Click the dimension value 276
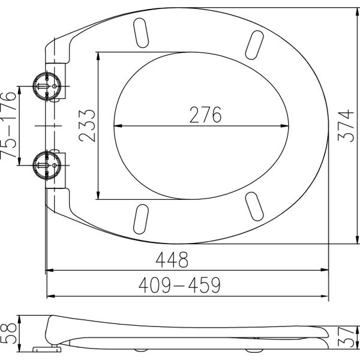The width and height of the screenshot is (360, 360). pyautogui.click(x=205, y=115)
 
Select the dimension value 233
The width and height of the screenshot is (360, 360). pyautogui.click(x=87, y=125)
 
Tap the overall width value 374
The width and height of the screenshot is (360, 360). pyautogui.click(x=346, y=125)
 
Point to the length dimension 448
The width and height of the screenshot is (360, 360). pyautogui.click(x=172, y=260)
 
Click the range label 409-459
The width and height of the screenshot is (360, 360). pyautogui.click(x=179, y=285)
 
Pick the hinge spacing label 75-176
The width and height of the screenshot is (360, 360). pyautogui.click(x=8, y=125)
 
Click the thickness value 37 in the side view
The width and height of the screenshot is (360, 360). pyautogui.click(x=346, y=337)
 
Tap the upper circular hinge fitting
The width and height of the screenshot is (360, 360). pyautogui.click(x=47, y=86)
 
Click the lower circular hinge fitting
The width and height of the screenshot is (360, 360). pyautogui.click(x=47, y=166)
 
